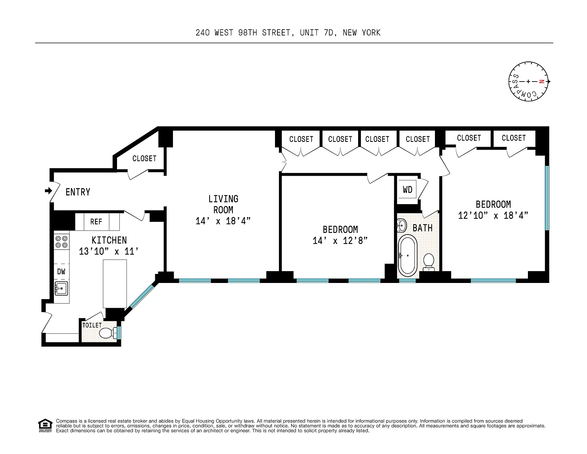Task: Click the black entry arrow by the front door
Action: click(48, 191)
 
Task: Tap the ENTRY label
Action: click(78, 192)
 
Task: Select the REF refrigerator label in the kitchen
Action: click(96, 222)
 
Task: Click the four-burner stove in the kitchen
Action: click(61, 242)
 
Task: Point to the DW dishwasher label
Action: click(61, 272)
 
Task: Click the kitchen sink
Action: click(61, 288)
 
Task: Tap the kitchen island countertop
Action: click(115, 284)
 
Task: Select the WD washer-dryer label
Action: click(408, 190)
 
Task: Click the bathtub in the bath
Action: click(407, 256)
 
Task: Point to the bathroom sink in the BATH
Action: click(401, 225)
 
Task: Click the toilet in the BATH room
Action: click(429, 262)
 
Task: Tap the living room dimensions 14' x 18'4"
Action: click(223, 221)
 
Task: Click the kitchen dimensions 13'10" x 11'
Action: click(109, 251)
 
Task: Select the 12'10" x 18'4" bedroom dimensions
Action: click(493, 216)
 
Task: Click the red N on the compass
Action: click(541, 81)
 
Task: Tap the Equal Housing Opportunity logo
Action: click(45, 426)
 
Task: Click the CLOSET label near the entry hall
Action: click(144, 158)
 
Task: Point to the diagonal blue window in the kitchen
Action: click(142, 296)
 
